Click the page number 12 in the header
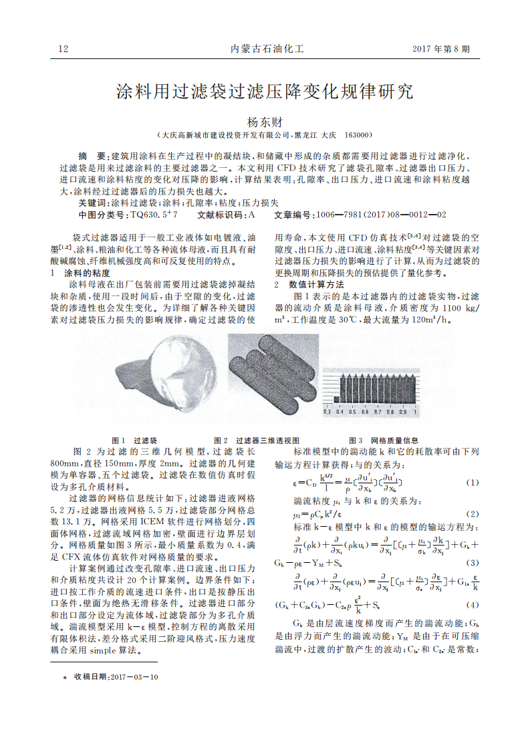click(x=64, y=49)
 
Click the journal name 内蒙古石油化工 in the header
click(x=267, y=49)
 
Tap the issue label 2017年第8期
click(x=440, y=49)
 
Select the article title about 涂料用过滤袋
click(x=265, y=92)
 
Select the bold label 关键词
click(x=92, y=202)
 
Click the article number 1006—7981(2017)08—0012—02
click(x=376, y=215)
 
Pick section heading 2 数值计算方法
click(x=309, y=284)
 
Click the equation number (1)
click(x=472, y=482)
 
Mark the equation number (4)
click(x=472, y=605)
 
